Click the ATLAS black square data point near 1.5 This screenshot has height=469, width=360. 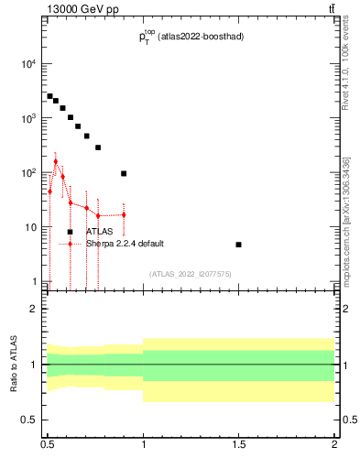pos(238,245)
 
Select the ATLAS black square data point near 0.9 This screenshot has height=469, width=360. pos(124,173)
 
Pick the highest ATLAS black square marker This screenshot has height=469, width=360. pos(49,95)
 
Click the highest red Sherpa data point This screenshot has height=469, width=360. pos(55,162)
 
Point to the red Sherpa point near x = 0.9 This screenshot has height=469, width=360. pos(124,215)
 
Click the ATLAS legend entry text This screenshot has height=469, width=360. pos(99,232)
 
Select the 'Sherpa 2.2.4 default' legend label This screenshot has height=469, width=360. pos(125,244)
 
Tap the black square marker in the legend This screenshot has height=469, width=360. pos(70,232)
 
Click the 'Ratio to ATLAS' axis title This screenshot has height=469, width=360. pos(14,365)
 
